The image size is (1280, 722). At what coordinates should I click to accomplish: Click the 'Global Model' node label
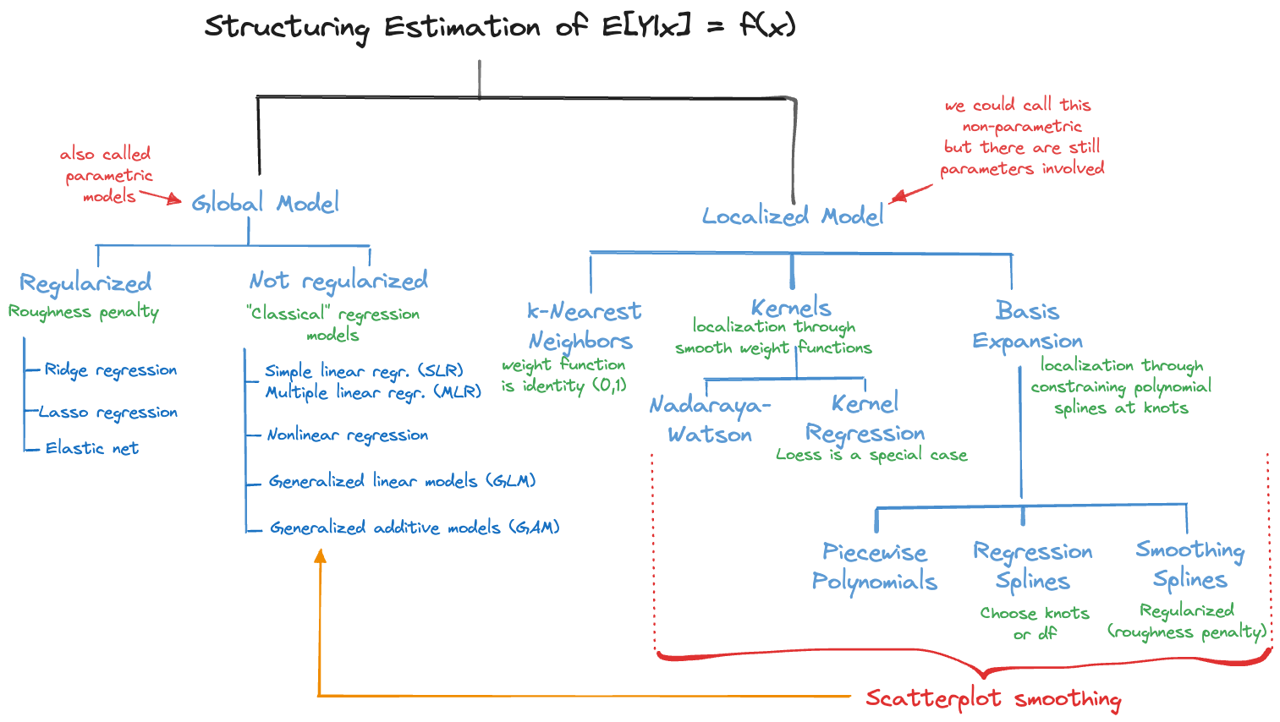[x=265, y=203]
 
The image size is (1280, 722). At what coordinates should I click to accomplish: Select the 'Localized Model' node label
[x=793, y=216]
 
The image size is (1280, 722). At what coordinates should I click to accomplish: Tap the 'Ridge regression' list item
[x=110, y=370]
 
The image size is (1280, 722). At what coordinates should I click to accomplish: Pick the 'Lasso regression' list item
[x=108, y=413]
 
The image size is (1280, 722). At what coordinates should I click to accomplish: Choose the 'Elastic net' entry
[x=91, y=448]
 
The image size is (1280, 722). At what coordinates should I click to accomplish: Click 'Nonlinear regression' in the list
[x=347, y=435]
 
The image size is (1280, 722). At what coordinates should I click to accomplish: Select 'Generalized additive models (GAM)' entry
[x=415, y=528]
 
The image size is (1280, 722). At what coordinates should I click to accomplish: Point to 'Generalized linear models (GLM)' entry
[x=402, y=481]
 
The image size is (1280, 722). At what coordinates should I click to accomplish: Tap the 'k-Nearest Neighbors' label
[x=583, y=325]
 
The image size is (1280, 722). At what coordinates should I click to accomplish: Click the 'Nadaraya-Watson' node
[x=710, y=420]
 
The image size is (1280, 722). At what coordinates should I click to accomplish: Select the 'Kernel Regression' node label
[x=865, y=418]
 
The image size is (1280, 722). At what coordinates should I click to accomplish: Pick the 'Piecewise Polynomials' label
[x=874, y=566]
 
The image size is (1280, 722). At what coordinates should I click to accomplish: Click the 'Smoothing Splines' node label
[x=1189, y=565]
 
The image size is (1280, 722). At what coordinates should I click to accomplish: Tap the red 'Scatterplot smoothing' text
[x=993, y=698]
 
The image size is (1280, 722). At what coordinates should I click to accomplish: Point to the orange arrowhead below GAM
[x=320, y=555]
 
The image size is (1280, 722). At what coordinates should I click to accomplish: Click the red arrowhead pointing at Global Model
[x=175, y=200]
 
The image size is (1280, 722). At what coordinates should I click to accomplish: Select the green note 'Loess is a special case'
[x=871, y=455]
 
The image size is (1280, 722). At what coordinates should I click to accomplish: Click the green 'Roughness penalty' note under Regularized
[x=83, y=312]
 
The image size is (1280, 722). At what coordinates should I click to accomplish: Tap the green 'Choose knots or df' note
[x=1035, y=623]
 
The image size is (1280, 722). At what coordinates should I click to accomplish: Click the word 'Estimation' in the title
[x=462, y=27]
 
